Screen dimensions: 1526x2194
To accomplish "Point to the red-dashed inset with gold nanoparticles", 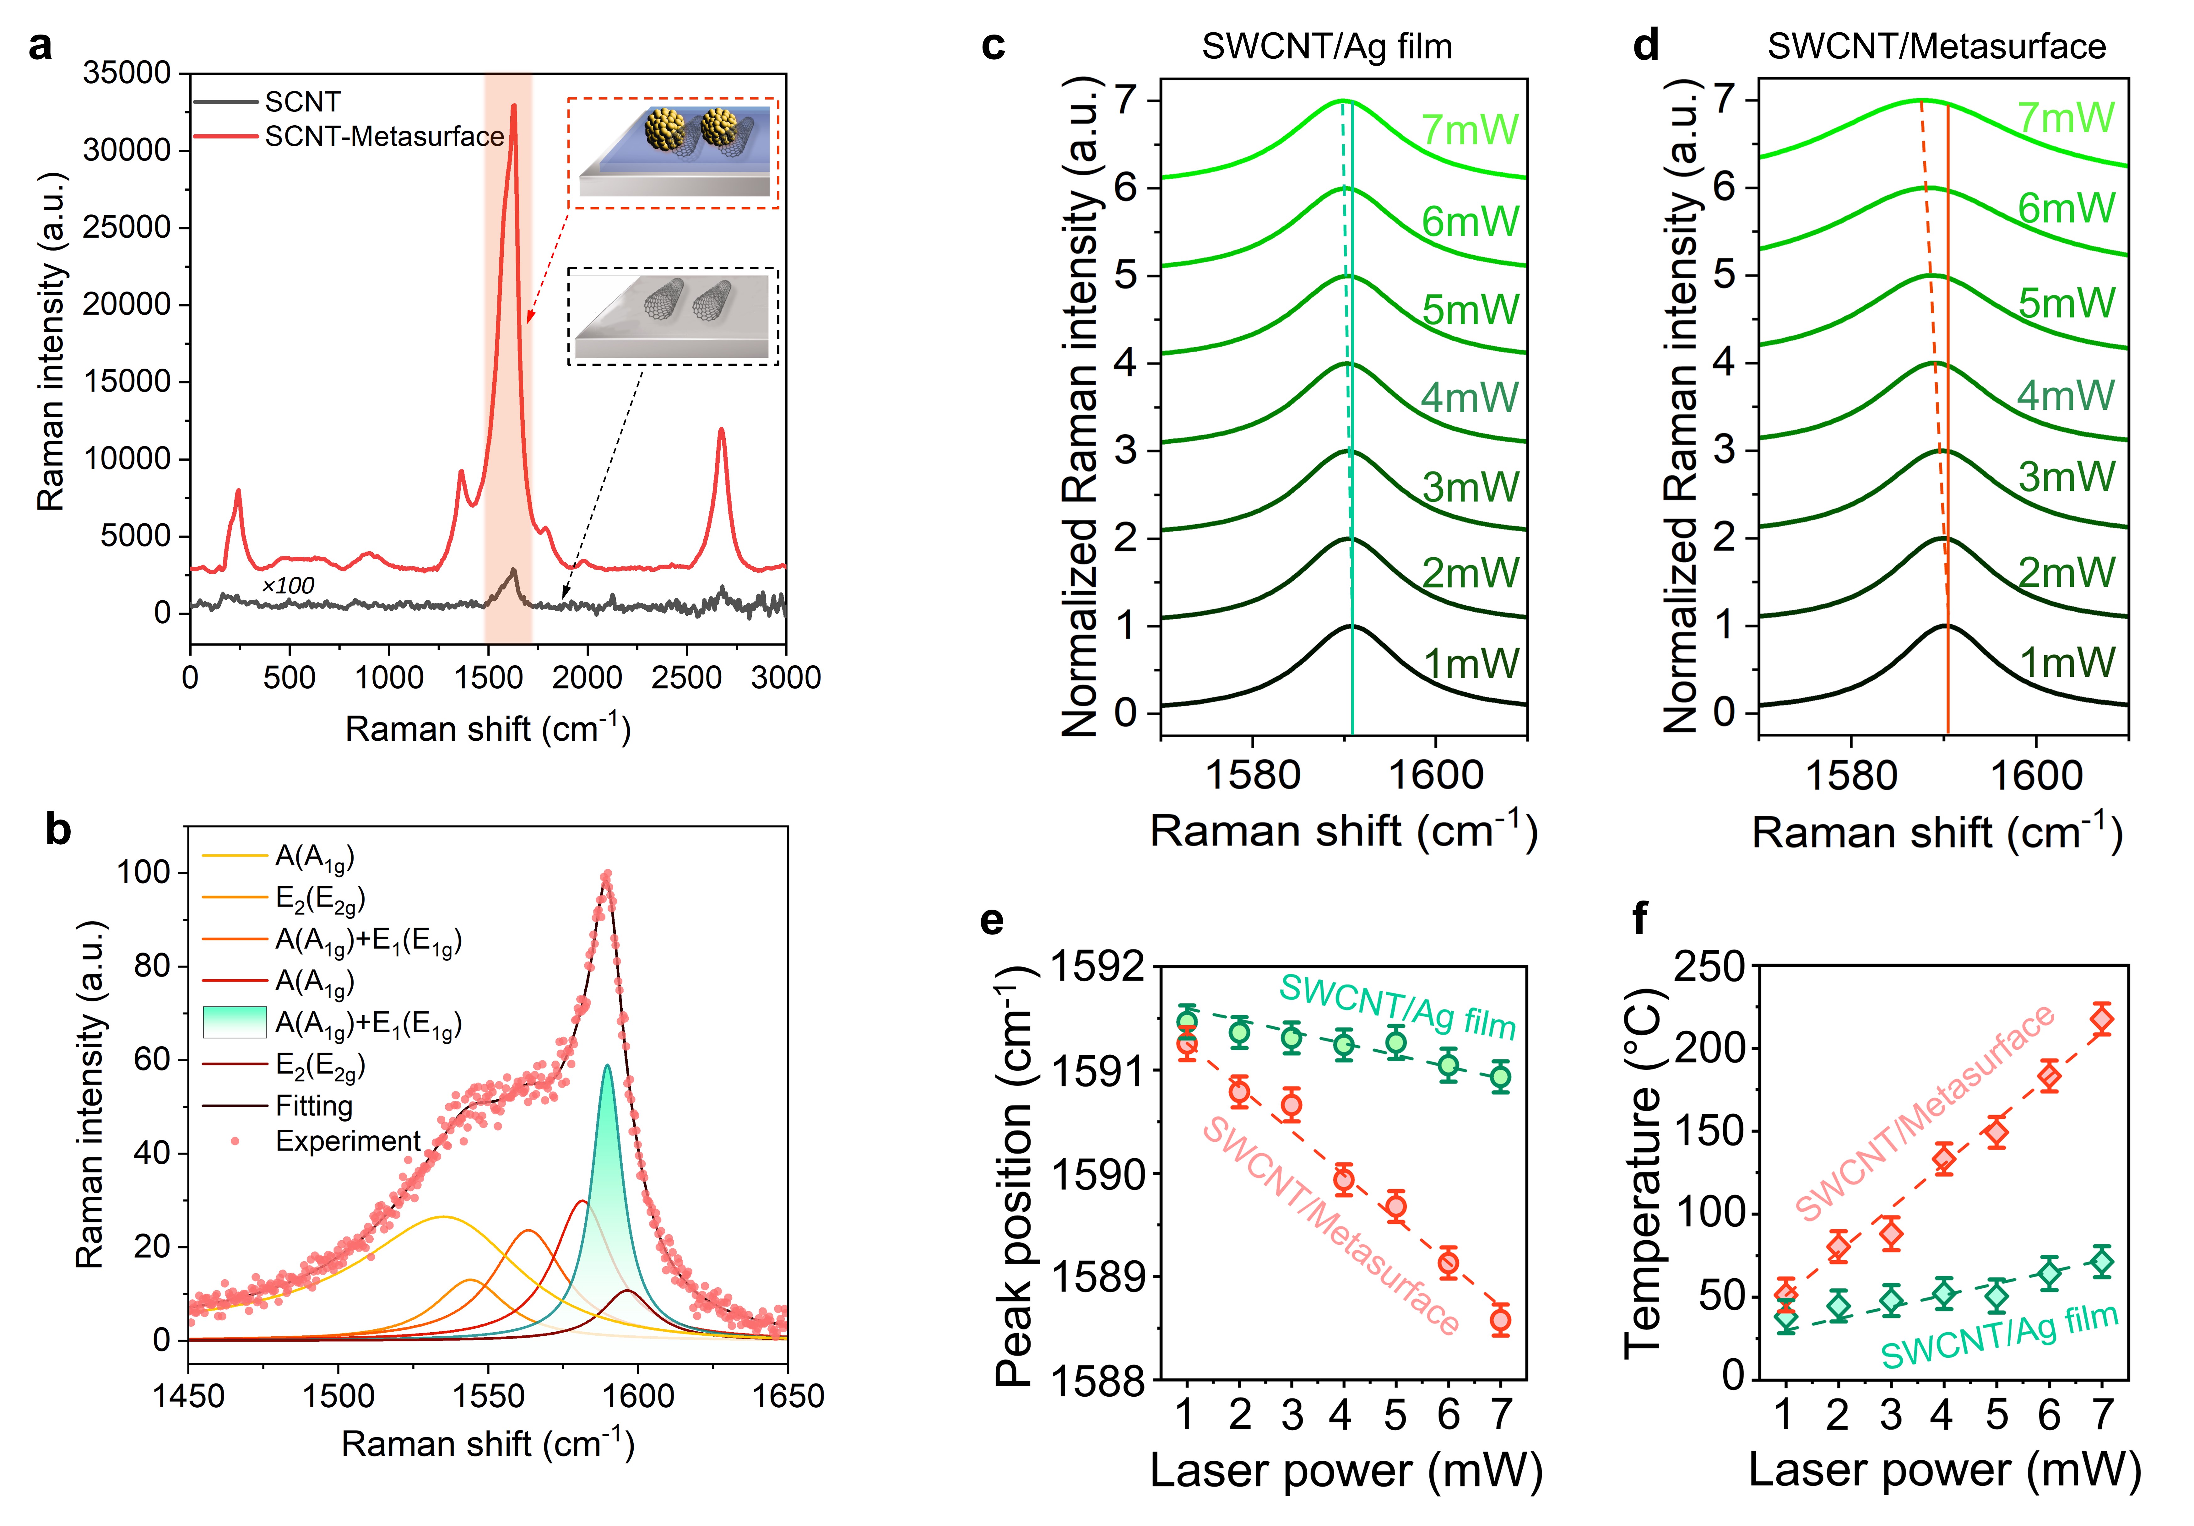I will pyautogui.click(x=674, y=153).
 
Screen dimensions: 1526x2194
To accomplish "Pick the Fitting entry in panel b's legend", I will pyautogui.click(x=313, y=1106).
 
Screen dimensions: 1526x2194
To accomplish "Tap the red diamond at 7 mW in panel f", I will pyautogui.click(x=2101, y=1020).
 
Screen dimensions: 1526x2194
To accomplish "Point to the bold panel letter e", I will pyautogui.click(x=992, y=919).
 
